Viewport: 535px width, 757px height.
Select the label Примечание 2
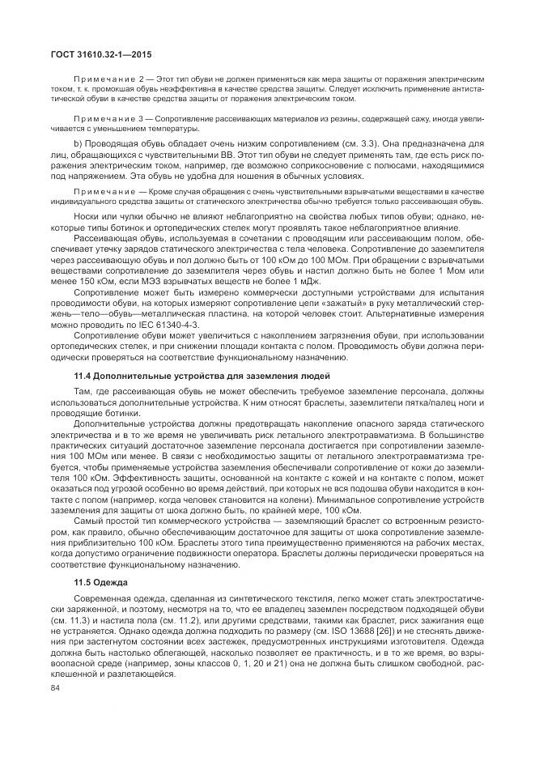click(x=100, y=83)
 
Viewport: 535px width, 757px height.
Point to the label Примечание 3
click(x=100, y=119)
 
